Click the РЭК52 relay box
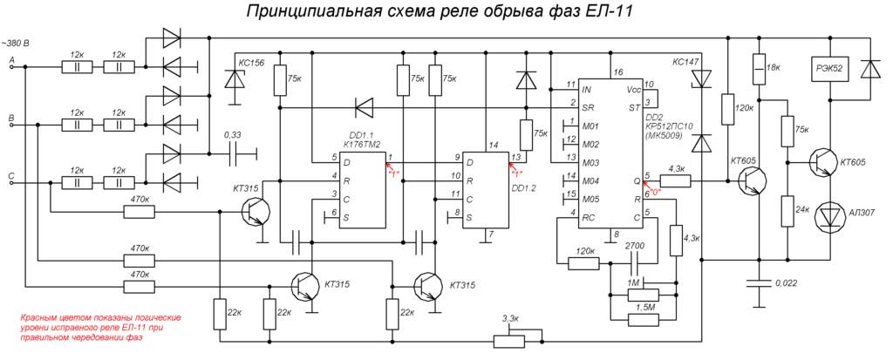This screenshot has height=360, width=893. click(x=827, y=69)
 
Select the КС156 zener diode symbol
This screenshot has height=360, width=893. click(x=233, y=79)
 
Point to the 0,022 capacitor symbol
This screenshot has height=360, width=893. click(x=759, y=283)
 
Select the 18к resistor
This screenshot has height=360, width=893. click(x=759, y=68)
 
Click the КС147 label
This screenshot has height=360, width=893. click(x=686, y=62)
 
